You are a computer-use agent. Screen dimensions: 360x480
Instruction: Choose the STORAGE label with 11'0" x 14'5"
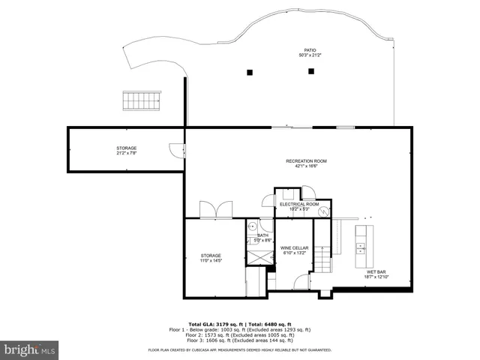pyautogui.click(x=211, y=258)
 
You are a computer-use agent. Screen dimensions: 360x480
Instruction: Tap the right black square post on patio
pyautogui.click(x=310, y=71)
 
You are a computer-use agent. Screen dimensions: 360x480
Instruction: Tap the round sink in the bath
pyautogui.click(x=253, y=225)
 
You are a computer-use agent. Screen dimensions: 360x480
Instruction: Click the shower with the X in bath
pyautogui.click(x=259, y=254)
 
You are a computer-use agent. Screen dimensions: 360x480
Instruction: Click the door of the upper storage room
pyautogui.click(x=175, y=149)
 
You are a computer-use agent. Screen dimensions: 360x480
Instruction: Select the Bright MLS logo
pyautogui.click(x=29, y=349)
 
